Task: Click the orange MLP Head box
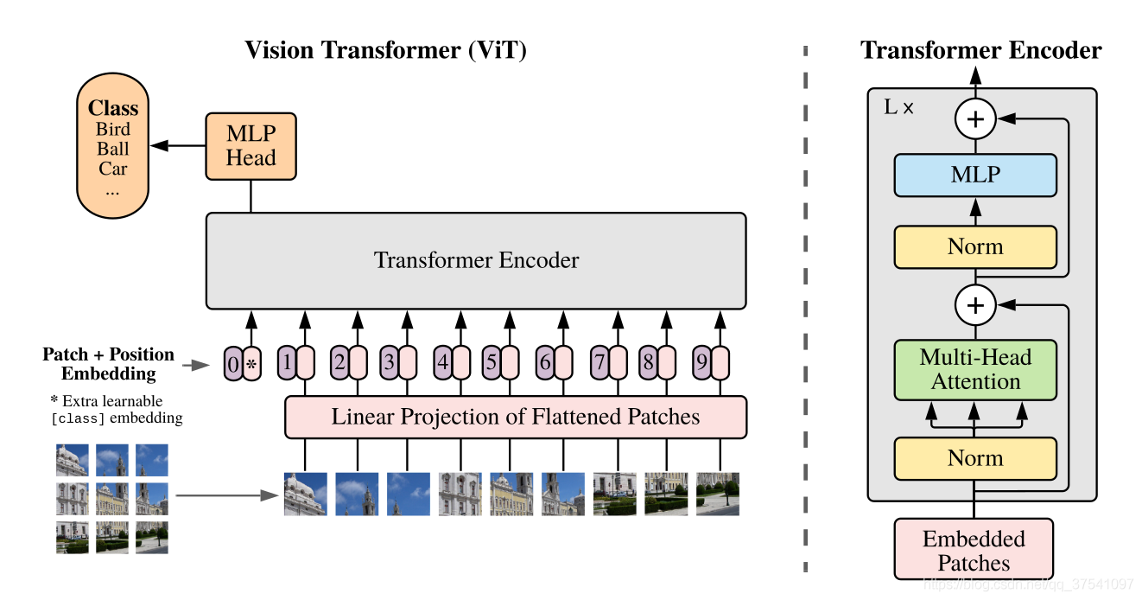[251, 146]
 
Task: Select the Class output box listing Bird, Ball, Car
[113, 148]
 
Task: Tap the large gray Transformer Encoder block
[475, 260]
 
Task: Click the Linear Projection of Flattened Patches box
[515, 418]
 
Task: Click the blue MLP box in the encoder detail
[975, 176]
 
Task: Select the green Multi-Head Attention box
[975, 370]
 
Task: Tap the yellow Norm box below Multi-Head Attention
[975, 458]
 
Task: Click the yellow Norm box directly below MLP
[975, 247]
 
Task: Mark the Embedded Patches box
[974, 551]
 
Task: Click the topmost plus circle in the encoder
[975, 120]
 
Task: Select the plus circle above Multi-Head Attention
[975, 304]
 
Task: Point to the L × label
[898, 108]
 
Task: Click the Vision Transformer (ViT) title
[385, 50]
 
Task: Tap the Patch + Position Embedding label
[109, 364]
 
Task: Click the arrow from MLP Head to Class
[180, 147]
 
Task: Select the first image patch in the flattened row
[306, 494]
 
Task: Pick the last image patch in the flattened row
[718, 494]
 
